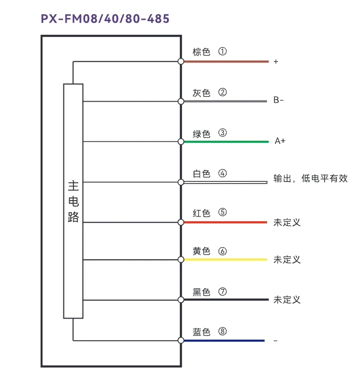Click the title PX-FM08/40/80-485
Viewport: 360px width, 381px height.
click(x=105, y=19)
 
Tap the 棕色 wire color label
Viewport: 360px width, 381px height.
click(x=201, y=52)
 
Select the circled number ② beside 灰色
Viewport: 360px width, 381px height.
click(x=223, y=92)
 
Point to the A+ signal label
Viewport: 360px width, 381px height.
click(x=280, y=141)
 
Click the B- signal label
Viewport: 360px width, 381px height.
click(x=279, y=100)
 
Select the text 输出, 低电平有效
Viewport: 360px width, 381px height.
click(x=310, y=179)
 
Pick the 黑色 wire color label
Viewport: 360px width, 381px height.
click(x=201, y=292)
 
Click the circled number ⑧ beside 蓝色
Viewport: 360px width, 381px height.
click(x=223, y=332)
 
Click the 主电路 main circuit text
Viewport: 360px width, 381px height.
click(x=73, y=201)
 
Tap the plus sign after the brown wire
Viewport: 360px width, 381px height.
click(x=276, y=62)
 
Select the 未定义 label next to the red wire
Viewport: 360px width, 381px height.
click(x=287, y=222)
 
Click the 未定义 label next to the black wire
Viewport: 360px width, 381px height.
click(x=287, y=300)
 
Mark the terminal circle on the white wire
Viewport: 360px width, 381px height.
click(x=181, y=182)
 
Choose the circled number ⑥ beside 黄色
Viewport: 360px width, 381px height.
click(x=223, y=251)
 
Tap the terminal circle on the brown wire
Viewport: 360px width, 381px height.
click(x=181, y=61)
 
